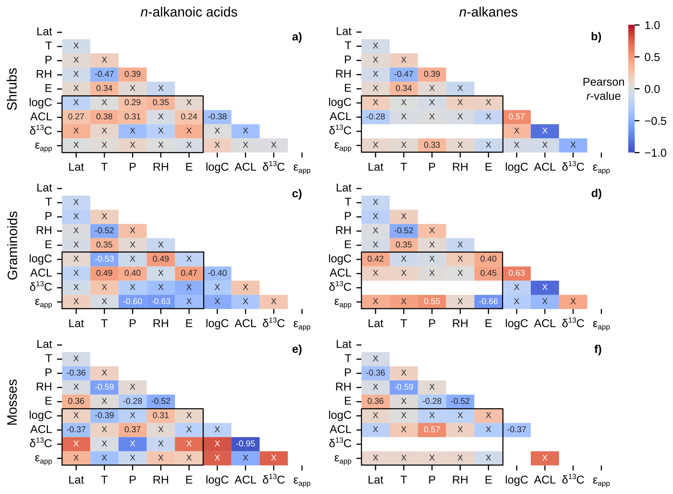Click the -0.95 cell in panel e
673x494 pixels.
click(246, 444)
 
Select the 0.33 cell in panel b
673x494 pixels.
click(432, 145)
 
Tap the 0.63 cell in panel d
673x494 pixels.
click(517, 273)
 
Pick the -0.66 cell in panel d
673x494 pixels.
click(488, 301)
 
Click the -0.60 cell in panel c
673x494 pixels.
click(132, 301)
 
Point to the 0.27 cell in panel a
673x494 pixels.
click(76, 117)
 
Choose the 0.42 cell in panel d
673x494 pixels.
click(375, 259)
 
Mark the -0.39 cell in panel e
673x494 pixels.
click(104, 415)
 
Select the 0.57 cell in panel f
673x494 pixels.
click(432, 429)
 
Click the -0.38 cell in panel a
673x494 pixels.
click(217, 117)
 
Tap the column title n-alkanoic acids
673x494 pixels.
click(189, 12)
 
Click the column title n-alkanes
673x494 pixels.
click(488, 12)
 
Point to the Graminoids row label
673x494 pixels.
click(13, 246)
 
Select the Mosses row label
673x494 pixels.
click(13, 402)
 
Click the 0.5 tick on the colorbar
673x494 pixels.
click(652, 57)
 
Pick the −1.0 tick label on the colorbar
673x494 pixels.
click(655, 153)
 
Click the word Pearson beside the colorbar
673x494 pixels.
click(603, 82)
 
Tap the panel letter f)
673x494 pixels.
click(598, 349)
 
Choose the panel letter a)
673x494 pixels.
click(297, 37)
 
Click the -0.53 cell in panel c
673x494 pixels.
click(104, 259)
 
